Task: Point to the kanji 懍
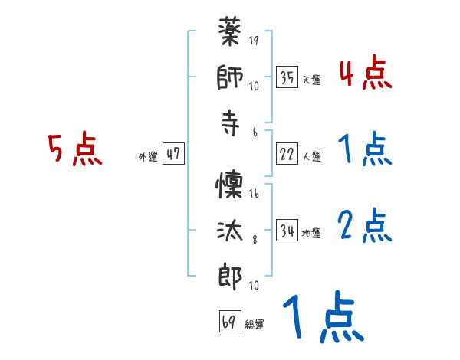[x=231, y=185]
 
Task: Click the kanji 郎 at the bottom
[x=231, y=275]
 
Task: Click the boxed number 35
[x=287, y=77]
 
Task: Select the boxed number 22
[x=287, y=153]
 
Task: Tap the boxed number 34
[x=287, y=229]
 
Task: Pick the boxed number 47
[x=173, y=153]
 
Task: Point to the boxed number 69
[x=229, y=321]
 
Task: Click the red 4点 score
[x=365, y=74]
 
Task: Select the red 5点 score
[x=75, y=150]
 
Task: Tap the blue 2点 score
[x=365, y=226]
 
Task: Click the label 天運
[x=311, y=80]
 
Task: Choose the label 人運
[x=311, y=156]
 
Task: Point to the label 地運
[x=311, y=232]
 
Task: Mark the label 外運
[x=147, y=156]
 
